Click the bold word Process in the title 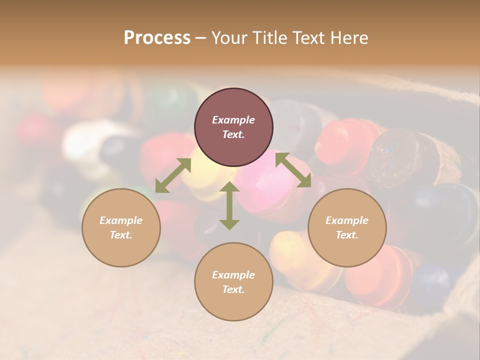[x=157, y=37]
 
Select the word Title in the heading [x=267, y=37]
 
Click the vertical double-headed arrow [x=229, y=205]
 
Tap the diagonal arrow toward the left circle [x=173, y=175]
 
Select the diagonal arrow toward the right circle [x=293, y=170]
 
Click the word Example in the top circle [x=233, y=120]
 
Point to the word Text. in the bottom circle [x=233, y=289]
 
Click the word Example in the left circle [x=121, y=220]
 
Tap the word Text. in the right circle [x=347, y=235]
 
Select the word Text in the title [x=310, y=37]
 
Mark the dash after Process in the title [x=201, y=38]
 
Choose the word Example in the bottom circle [x=233, y=275]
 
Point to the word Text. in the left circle [x=121, y=235]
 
